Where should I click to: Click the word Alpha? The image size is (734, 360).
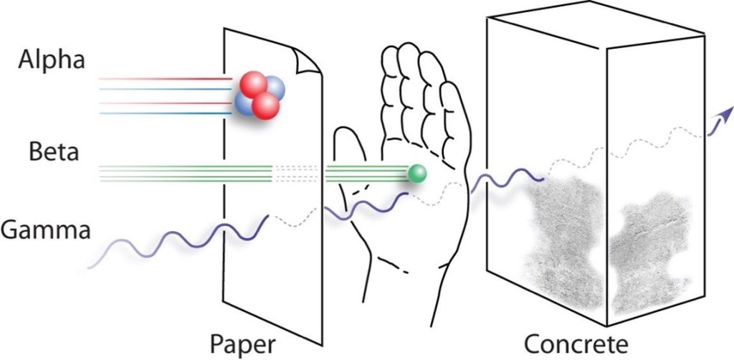coord(52,61)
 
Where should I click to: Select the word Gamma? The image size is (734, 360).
coord(45,229)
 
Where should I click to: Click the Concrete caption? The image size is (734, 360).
coord(576,344)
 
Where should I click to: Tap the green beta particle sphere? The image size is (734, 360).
coord(417,174)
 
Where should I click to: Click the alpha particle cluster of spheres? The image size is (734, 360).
coord(259,95)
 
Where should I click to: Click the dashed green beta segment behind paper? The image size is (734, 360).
coord(297,174)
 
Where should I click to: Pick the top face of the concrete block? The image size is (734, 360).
coord(595,25)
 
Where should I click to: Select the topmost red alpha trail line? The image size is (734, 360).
coord(166,79)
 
